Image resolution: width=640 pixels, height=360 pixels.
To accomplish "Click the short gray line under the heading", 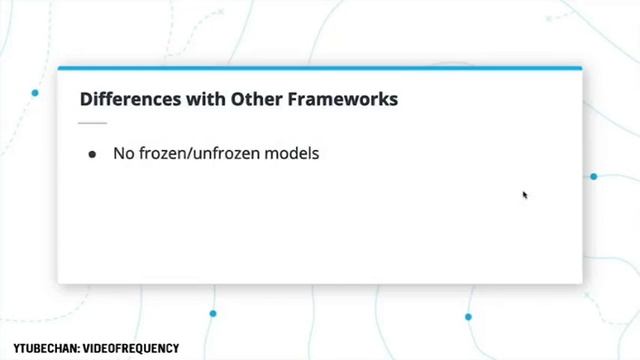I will pyautogui.click(x=92, y=123).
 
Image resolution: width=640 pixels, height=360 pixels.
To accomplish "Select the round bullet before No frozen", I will pyautogui.click(x=93, y=155).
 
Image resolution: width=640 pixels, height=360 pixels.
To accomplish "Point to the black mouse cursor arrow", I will pyautogui.click(x=524, y=195).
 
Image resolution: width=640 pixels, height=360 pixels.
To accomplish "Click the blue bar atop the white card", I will pyautogui.click(x=319, y=68).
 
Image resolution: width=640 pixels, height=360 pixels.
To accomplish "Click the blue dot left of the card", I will pyautogui.click(x=35, y=93).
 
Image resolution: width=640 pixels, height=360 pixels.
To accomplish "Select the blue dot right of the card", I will pyautogui.click(x=593, y=176).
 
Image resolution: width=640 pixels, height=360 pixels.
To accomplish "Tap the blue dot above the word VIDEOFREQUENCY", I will pyautogui.click(x=213, y=314).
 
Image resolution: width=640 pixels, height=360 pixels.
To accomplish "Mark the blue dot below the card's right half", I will pyautogui.click(x=468, y=317).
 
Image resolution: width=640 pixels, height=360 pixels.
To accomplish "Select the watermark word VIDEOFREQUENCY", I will pyautogui.click(x=129, y=349).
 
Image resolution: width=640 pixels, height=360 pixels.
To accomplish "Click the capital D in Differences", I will pyautogui.click(x=85, y=99).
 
